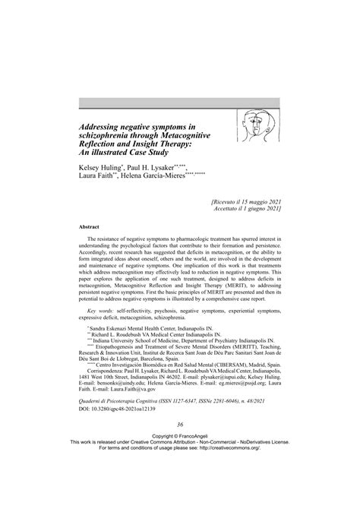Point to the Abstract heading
(x=90, y=226)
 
